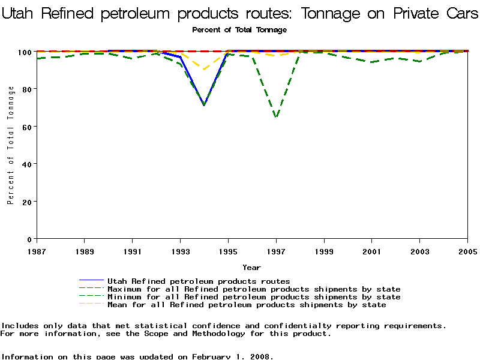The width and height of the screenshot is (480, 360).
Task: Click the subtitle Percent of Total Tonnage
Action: pos(239,30)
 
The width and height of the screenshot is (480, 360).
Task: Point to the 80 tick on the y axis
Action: pos(27,89)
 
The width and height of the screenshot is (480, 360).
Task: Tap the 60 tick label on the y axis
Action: pos(27,126)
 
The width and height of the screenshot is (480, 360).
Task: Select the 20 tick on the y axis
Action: pos(27,201)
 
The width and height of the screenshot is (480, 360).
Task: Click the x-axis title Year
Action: pos(251,268)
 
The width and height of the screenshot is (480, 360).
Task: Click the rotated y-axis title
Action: pos(11,145)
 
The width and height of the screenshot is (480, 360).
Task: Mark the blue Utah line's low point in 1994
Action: pos(205,105)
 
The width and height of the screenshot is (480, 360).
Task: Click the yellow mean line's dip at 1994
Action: pos(205,70)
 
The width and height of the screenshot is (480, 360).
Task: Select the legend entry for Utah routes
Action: pos(198,281)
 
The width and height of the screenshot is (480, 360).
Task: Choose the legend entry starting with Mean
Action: pos(246,305)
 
